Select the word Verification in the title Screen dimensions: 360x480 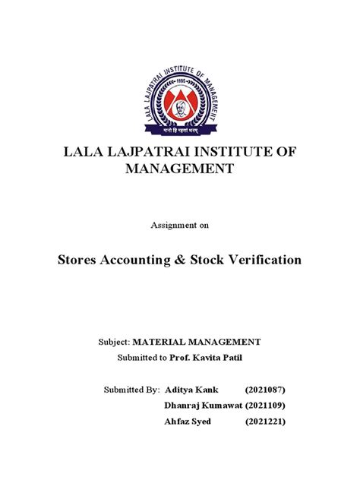[267, 261]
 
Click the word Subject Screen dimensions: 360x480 [131, 343]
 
